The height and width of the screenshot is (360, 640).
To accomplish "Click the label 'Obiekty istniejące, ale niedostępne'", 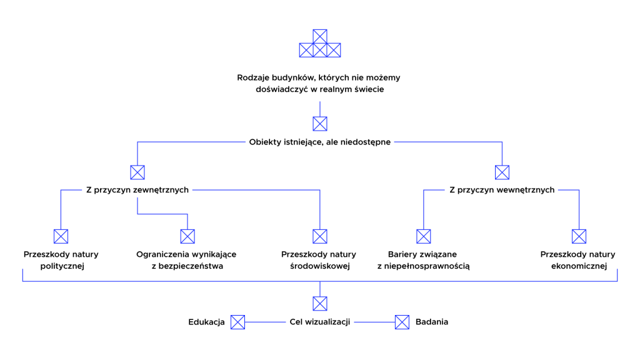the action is pyautogui.click(x=319, y=142).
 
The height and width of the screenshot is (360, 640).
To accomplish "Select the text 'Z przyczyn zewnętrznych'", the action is pyautogui.click(x=137, y=190).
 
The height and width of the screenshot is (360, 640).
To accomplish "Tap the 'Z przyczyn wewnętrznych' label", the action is pyautogui.click(x=502, y=190).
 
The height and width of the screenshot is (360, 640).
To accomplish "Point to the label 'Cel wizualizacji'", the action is pyautogui.click(x=319, y=322).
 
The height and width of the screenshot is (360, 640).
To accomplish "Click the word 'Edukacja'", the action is pyautogui.click(x=206, y=322).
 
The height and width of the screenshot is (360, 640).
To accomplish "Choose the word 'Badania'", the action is pyautogui.click(x=431, y=322).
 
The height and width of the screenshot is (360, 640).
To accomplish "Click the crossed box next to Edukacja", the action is pyautogui.click(x=237, y=322).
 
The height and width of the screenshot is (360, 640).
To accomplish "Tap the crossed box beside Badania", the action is pyautogui.click(x=402, y=322).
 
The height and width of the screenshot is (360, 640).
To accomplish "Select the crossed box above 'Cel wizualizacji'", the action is pyautogui.click(x=320, y=304).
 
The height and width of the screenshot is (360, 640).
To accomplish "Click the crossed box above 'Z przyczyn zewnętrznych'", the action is pyautogui.click(x=137, y=172).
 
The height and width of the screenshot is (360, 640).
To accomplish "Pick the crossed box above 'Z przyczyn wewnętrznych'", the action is pyautogui.click(x=502, y=172).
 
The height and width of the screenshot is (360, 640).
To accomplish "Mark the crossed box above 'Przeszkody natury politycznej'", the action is pyautogui.click(x=61, y=236).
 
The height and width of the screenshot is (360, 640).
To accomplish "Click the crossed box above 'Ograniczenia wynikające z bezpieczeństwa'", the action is pyautogui.click(x=187, y=236).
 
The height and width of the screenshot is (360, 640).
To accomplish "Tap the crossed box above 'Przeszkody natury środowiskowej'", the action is pyautogui.click(x=320, y=236).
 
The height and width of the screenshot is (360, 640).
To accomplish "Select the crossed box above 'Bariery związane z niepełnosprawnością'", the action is pyautogui.click(x=424, y=236).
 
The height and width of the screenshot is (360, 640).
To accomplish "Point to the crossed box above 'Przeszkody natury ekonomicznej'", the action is pyautogui.click(x=579, y=236).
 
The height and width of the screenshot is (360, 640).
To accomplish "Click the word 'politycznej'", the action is pyautogui.click(x=62, y=266).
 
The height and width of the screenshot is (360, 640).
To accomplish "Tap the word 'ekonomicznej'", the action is pyautogui.click(x=579, y=266).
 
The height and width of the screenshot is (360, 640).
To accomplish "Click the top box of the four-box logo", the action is pyautogui.click(x=320, y=36).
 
